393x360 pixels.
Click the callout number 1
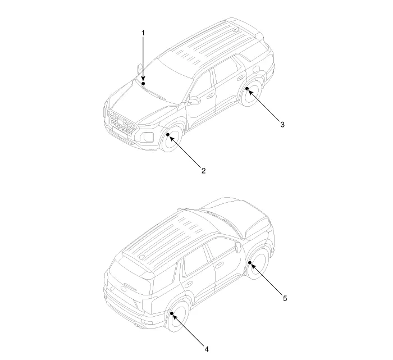tap(143, 33)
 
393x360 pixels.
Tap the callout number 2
tap(203, 171)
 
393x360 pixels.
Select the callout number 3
tap(282, 125)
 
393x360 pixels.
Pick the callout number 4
tap(207, 349)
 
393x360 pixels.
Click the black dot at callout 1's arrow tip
tap(143, 83)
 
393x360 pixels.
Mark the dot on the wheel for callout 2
tap(168, 135)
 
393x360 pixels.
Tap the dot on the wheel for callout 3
tap(247, 89)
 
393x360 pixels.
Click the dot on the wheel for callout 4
tap(171, 313)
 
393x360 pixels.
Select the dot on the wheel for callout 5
tap(250, 262)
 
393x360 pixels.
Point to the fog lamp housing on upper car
tap(148, 136)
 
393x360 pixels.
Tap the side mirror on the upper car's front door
tap(194, 101)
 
